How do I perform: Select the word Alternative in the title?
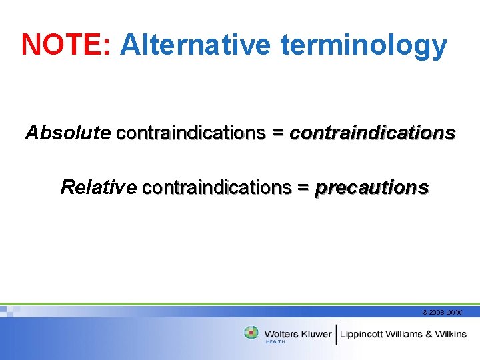[x=195, y=45]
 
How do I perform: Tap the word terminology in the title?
[x=363, y=45]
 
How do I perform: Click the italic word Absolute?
[x=67, y=133]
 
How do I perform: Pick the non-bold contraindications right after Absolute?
[x=191, y=133]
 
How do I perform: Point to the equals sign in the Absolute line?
[x=277, y=133]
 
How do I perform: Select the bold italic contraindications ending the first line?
[x=372, y=133]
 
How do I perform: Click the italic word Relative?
[x=98, y=187]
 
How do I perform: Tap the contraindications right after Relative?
[x=217, y=187]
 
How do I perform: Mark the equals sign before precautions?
[x=303, y=188]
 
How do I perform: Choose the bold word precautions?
[x=371, y=188]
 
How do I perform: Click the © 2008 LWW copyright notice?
[x=442, y=312]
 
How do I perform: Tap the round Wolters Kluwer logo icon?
[x=251, y=332]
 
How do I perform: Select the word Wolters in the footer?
[x=281, y=334]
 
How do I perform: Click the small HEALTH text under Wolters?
[x=275, y=342]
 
